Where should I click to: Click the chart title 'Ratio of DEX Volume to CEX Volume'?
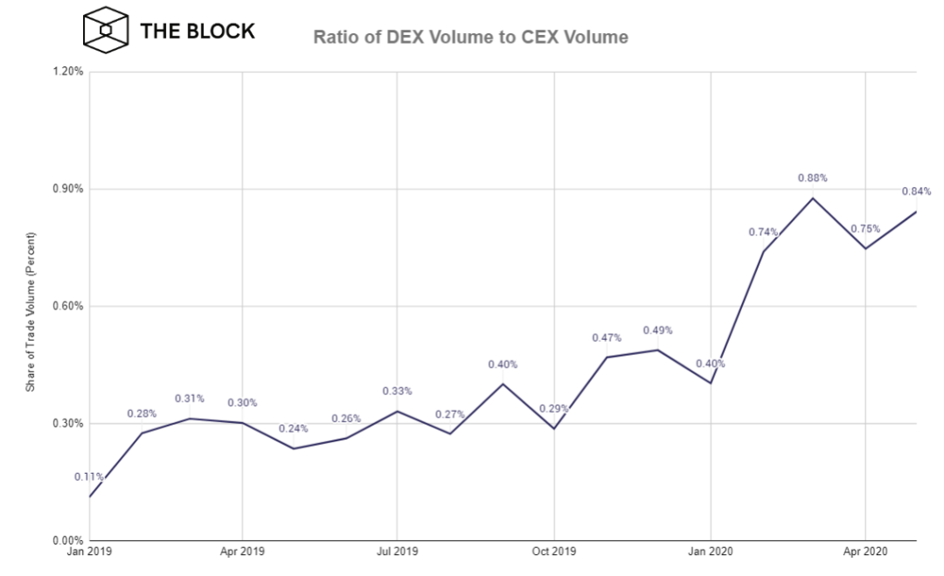(470, 38)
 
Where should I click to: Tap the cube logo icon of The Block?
(106, 30)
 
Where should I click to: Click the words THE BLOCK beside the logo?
(198, 31)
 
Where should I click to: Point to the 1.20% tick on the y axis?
(68, 72)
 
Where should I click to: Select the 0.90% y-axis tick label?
(68, 189)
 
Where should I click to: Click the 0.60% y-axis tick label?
(68, 306)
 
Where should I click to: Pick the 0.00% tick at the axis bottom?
(68, 540)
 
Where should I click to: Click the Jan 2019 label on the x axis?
(89, 552)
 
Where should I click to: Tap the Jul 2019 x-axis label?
(397, 552)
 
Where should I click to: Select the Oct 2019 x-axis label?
(554, 552)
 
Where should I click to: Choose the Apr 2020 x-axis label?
(865, 552)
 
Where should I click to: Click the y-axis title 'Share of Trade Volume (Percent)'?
(30, 312)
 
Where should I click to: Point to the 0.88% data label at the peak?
(812, 178)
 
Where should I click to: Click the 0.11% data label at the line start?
(89, 477)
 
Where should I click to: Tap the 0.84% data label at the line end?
(916, 191)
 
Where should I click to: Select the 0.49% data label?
(657, 330)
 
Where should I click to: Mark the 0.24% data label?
(293, 428)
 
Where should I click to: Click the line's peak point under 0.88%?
(813, 198)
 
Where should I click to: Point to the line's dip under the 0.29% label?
(554, 428)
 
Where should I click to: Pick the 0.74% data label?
(763, 232)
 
